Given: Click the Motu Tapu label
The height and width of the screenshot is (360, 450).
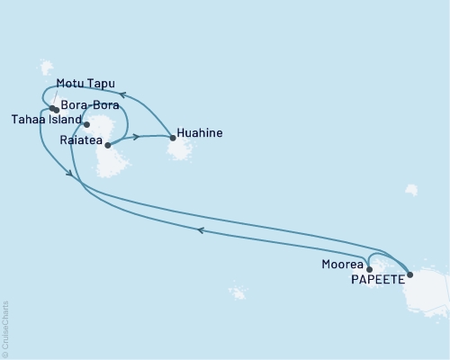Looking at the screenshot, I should tap(85, 84).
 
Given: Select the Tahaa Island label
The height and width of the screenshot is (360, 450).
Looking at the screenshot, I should tap(46, 118).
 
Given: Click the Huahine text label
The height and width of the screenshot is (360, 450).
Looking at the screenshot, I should tap(201, 135).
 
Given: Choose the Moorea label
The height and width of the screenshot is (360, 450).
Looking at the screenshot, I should tap(342, 265).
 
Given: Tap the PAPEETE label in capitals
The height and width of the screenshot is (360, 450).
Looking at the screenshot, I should tap(371, 278).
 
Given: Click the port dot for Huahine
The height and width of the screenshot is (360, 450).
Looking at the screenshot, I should tap(173, 138).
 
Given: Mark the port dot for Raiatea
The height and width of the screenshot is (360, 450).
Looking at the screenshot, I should tap(107, 144).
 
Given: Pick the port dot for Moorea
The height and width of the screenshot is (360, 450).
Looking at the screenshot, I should tap(369, 268).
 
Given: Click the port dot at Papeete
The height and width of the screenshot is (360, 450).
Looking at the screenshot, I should tap(410, 274).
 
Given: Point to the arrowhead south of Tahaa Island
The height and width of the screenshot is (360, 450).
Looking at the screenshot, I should tap(69, 174).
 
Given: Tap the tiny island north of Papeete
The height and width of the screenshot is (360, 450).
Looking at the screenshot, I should tap(410, 190).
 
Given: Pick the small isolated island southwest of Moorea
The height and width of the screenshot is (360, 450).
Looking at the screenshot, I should tap(237, 292).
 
